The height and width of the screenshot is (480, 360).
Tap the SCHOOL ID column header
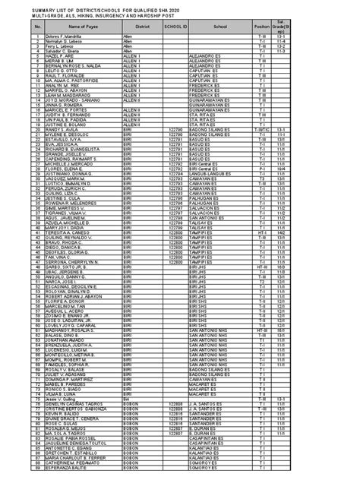tap(175, 26)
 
